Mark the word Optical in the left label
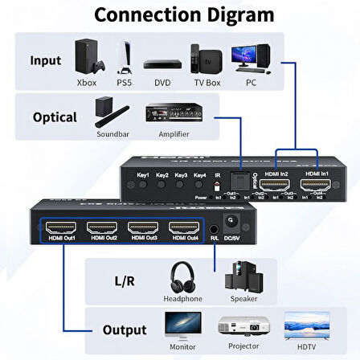[55, 117]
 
